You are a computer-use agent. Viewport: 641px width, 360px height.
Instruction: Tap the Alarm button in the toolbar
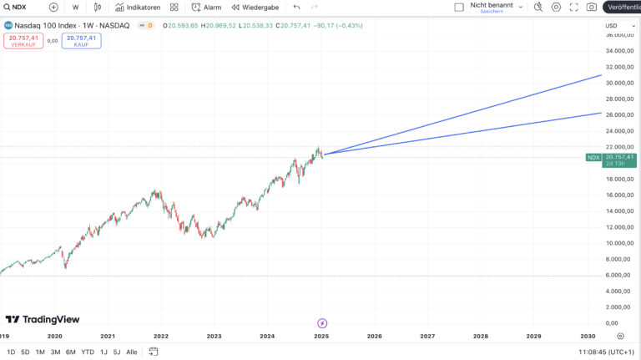coord(206,7)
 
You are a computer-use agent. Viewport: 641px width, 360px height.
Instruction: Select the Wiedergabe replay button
coord(255,7)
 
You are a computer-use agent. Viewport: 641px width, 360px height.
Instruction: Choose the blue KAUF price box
coord(82,40)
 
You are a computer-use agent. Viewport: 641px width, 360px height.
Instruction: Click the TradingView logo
coord(43,319)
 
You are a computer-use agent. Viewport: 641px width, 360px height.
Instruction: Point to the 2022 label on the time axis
coord(161,336)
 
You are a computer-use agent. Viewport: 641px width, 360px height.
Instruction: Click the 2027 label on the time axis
coord(427,336)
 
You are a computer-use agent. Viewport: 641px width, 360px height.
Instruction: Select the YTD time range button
coord(88,352)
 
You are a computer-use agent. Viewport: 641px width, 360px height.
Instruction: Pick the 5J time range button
coord(117,352)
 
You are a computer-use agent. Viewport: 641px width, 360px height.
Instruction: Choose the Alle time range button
coord(132,352)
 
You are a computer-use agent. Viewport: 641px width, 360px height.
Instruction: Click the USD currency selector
coord(612,26)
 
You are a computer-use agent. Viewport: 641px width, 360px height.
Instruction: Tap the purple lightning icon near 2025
coord(322,322)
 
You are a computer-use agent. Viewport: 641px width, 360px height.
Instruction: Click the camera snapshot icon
coord(592,7)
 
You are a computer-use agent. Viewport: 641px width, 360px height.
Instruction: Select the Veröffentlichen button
coord(623,7)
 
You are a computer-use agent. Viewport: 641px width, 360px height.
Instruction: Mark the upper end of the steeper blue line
coord(601,75)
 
